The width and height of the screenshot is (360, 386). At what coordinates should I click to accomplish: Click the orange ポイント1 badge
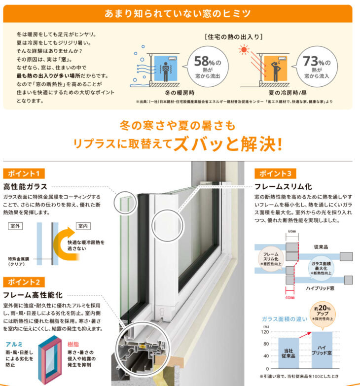click(x=24, y=174)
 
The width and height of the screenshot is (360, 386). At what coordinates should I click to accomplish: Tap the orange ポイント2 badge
click(x=24, y=282)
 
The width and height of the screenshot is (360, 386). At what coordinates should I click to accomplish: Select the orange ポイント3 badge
click(x=275, y=174)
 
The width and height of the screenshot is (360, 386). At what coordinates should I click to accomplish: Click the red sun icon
click(x=244, y=50)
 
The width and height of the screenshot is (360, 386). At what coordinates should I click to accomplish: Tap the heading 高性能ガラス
click(x=25, y=187)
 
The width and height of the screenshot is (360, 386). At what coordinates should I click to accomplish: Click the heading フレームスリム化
click(x=283, y=187)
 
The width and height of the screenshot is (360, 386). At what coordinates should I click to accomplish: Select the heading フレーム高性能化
click(x=33, y=295)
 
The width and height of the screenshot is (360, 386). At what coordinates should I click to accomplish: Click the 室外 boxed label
click(x=15, y=226)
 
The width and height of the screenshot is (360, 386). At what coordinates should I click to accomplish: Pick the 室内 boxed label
click(x=83, y=226)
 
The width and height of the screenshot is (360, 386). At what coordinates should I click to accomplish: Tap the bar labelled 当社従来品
click(x=288, y=353)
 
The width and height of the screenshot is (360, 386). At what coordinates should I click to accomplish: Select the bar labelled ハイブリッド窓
click(x=322, y=350)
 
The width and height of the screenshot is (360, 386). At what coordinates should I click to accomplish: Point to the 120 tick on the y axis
click(x=265, y=332)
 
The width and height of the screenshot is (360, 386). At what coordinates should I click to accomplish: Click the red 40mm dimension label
click(x=290, y=298)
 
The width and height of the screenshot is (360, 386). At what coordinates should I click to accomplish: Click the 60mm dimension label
click(x=292, y=231)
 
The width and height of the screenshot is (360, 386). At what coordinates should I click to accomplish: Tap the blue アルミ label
click(x=14, y=344)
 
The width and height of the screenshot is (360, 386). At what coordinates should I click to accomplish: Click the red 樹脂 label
click(x=73, y=344)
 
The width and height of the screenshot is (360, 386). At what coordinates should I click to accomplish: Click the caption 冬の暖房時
click(x=180, y=93)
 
